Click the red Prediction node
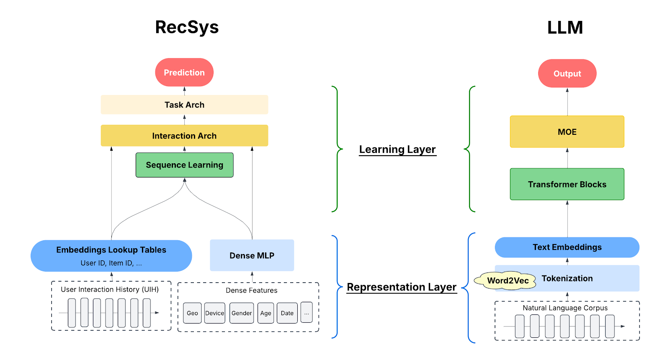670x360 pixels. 184,72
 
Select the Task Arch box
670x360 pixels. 184,105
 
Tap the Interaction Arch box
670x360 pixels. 184,136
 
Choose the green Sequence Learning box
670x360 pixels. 184,165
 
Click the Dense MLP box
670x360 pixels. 252,255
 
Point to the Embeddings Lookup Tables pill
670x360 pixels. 111,255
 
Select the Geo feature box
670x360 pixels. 192,313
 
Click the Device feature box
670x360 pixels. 214,313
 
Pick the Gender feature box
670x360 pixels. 242,313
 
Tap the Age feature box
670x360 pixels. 265,313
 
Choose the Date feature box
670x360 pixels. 287,313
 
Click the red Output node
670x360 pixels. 567,74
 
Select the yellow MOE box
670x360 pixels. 567,132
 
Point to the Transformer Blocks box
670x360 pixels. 567,184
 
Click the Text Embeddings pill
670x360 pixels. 567,247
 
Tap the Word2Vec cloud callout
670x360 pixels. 507,280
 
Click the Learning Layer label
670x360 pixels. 397,149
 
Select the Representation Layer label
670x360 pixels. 402,287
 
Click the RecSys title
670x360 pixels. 187,27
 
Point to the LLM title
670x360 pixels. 565,28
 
